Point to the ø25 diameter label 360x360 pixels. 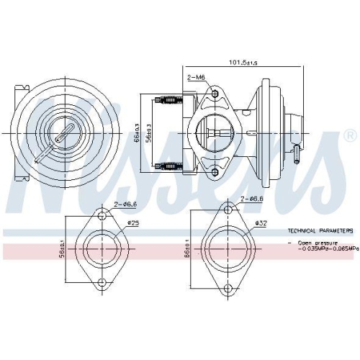click(x=134, y=222)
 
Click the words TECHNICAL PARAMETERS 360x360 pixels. click(x=320, y=231)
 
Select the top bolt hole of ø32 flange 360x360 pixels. click(x=228, y=210)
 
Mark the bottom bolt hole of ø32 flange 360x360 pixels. click(x=228, y=290)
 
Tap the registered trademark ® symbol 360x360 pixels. click(x=350, y=135)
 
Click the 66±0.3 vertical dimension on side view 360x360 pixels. click(x=138, y=133)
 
